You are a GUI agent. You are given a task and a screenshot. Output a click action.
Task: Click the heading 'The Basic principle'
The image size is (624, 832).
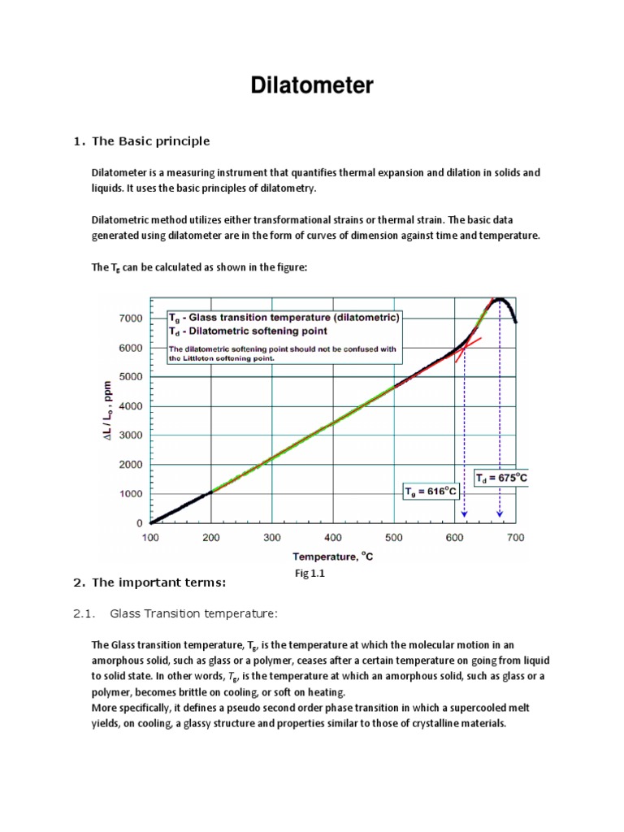coord(151,141)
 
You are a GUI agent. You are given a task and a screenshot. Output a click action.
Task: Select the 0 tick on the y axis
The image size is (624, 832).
coord(140,523)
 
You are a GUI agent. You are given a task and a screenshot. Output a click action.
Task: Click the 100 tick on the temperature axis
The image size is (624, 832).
coord(151,538)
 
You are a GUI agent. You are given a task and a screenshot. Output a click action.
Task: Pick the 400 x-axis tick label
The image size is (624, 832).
coord(333,538)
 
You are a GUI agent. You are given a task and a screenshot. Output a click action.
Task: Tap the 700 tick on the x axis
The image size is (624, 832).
coord(516,538)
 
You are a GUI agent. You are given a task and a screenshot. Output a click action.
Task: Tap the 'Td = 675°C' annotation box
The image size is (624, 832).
coord(501,479)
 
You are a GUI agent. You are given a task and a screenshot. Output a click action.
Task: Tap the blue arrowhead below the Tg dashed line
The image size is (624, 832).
coord(464,514)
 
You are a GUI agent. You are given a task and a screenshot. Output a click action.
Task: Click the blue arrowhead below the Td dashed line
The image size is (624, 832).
coord(500,514)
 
